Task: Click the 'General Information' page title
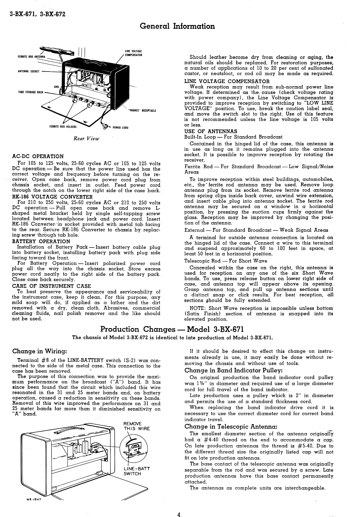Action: pyautogui.click(x=177, y=26)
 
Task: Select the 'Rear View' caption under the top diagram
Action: pyautogui.click(x=86, y=138)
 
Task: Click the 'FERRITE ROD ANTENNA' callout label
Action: pyautogui.click(x=31, y=57)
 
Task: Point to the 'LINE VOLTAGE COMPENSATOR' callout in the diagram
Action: pyautogui.click(x=134, y=53)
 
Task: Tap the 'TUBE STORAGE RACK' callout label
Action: pyautogui.click(x=31, y=92)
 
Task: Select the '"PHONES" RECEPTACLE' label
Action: pyautogui.click(x=142, y=111)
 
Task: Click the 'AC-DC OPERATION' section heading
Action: pyautogui.click(x=38, y=156)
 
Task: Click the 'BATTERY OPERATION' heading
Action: pyautogui.click(x=41, y=241)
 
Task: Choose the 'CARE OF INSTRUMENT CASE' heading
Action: pyautogui.click(x=51, y=286)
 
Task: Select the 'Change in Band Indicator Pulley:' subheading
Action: pyautogui.click(x=233, y=370)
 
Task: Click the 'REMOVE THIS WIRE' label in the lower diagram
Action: pyautogui.click(x=136, y=426)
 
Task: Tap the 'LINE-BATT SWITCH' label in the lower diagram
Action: pyautogui.click(x=136, y=471)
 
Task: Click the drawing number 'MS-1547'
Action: pyautogui.click(x=35, y=500)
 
